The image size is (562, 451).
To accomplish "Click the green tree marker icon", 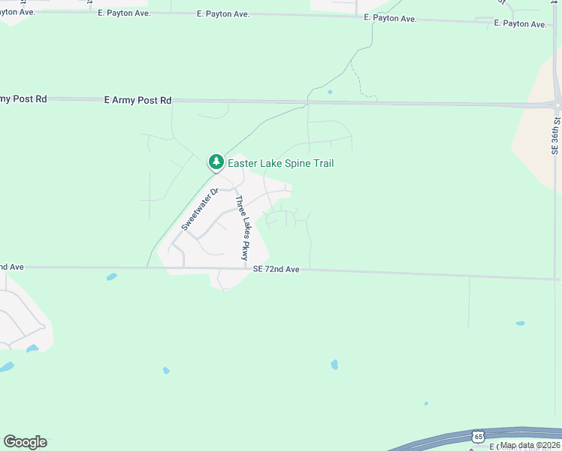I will pyautogui.click(x=216, y=162).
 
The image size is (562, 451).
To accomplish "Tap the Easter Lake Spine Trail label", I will pyautogui.click(x=280, y=163).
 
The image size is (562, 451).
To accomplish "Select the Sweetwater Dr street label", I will pyautogui.click(x=199, y=209).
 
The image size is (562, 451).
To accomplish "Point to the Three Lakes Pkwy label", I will pyautogui.click(x=242, y=229).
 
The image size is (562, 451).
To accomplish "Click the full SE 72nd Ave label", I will pyautogui.click(x=276, y=269).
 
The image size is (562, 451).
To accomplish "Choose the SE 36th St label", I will pyautogui.click(x=556, y=135).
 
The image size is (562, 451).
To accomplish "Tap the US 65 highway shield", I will pyautogui.click(x=479, y=436).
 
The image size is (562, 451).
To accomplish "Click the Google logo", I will pyautogui.click(x=25, y=442).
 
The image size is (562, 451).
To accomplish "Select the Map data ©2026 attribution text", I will pyautogui.click(x=530, y=445).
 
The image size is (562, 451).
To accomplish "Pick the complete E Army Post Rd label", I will pyautogui.click(x=138, y=100).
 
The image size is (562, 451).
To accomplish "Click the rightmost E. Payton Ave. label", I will pyautogui.click(x=521, y=24).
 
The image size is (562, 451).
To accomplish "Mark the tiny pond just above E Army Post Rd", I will pyautogui.click(x=330, y=92).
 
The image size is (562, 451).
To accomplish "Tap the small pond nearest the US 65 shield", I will pyautogui.click(x=426, y=404).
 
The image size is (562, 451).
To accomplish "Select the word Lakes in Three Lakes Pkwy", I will pyautogui.click(x=242, y=229).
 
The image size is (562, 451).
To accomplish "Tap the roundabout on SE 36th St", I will pyautogui.click(x=557, y=104).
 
